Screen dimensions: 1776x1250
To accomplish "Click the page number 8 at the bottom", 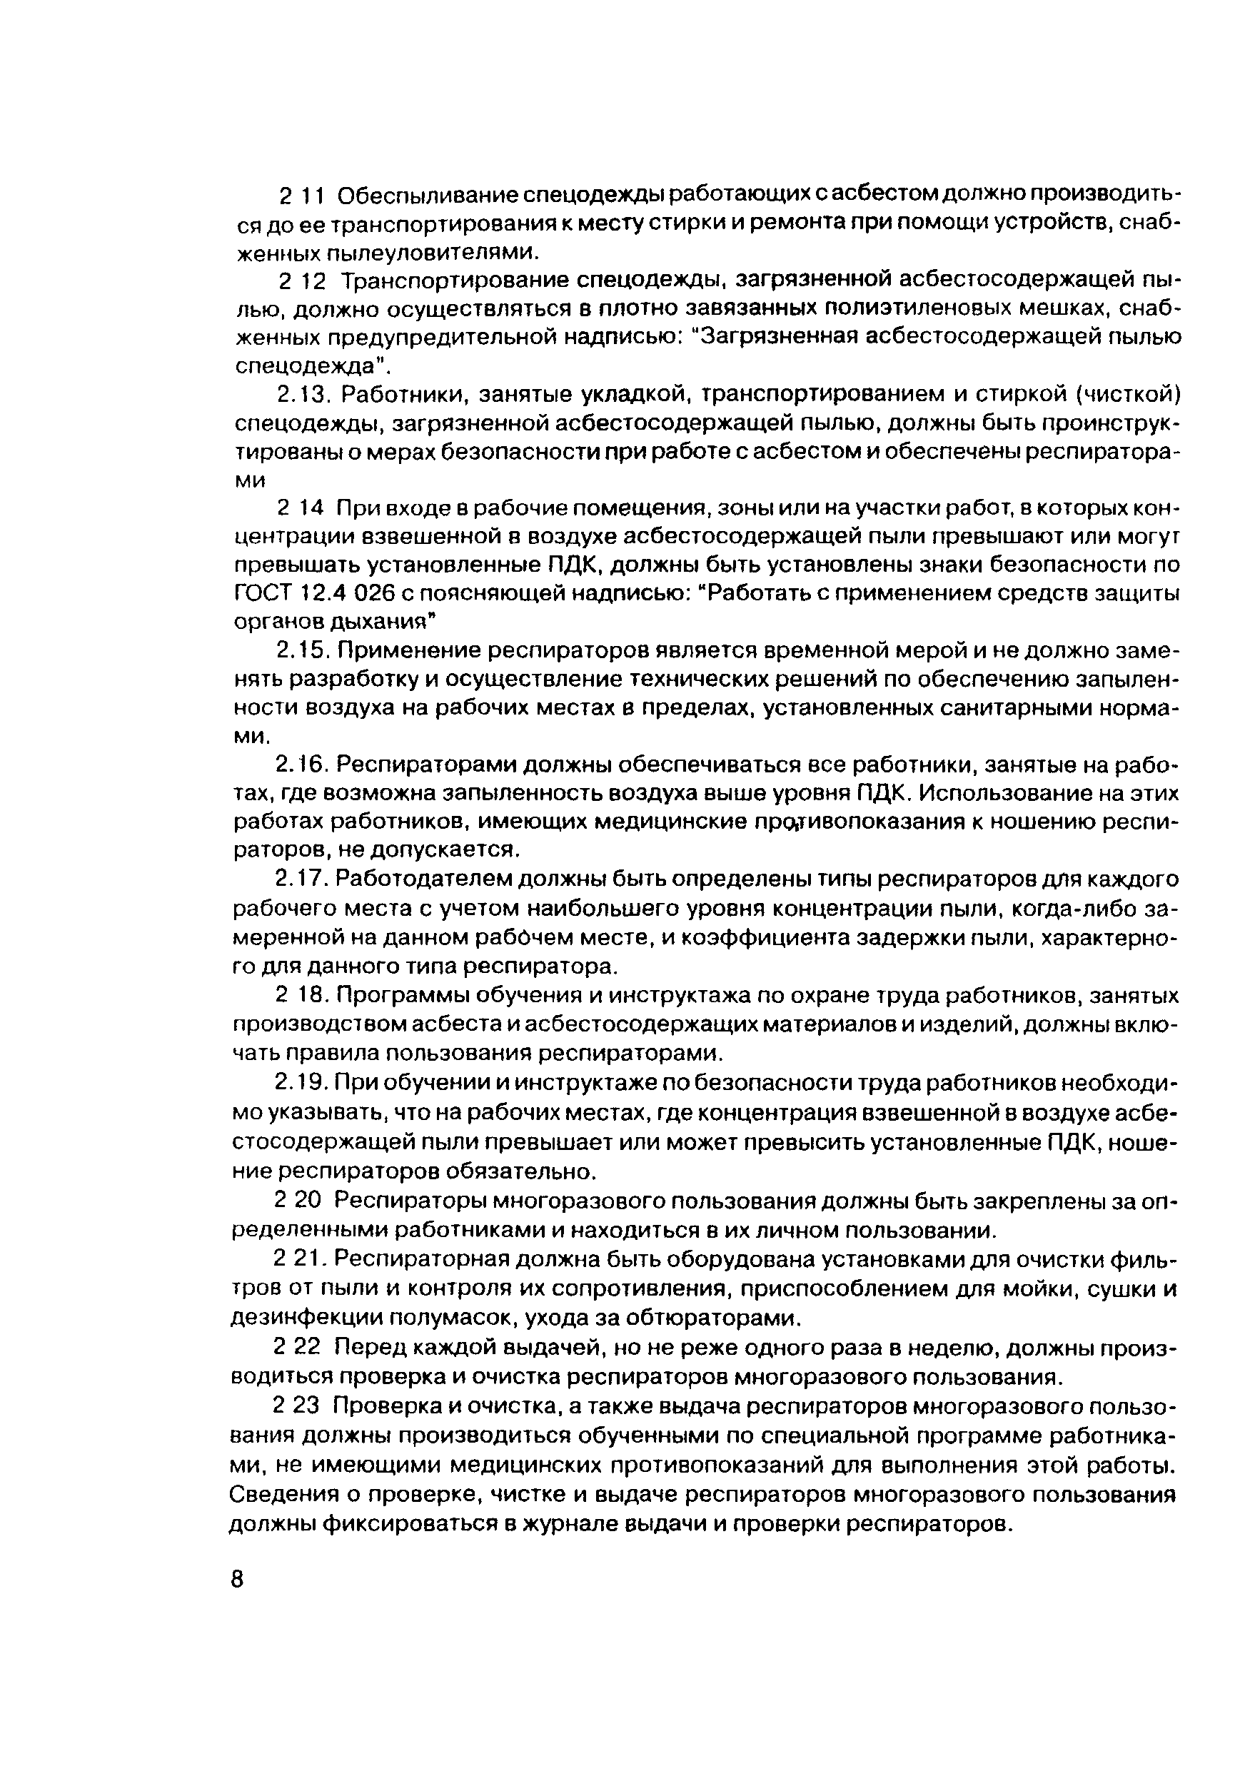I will (x=237, y=1579).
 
